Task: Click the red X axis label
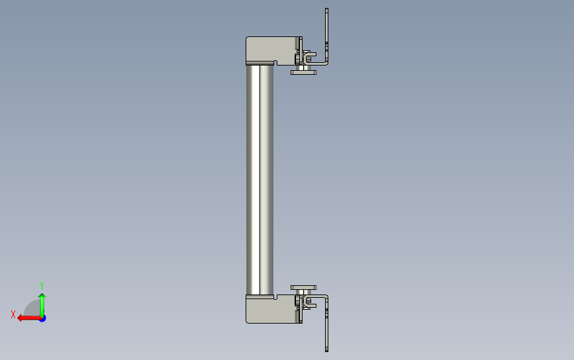point(13,314)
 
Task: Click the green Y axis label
point(42,285)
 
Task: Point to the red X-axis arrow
point(29,318)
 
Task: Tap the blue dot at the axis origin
point(42,319)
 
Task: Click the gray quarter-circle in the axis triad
point(33,309)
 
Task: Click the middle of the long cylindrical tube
point(260,180)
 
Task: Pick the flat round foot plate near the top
point(303,72)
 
